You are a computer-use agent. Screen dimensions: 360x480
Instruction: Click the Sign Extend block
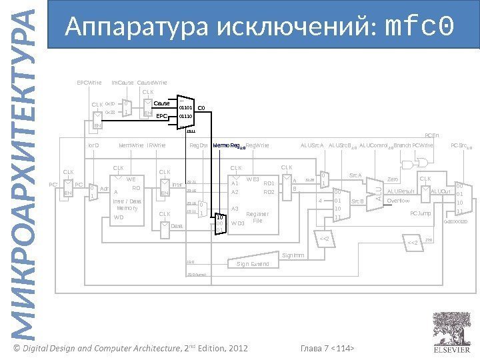click(x=253, y=264)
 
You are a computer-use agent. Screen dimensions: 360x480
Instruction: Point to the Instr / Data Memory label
click(x=126, y=204)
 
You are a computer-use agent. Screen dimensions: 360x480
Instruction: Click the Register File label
click(x=257, y=217)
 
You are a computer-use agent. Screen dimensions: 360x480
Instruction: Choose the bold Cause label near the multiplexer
click(x=162, y=103)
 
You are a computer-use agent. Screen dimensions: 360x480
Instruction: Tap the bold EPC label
click(x=161, y=115)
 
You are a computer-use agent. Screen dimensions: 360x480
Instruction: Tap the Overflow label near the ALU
click(x=398, y=199)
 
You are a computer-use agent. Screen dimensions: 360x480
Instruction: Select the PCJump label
click(x=420, y=213)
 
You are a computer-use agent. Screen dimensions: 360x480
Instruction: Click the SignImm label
click(x=293, y=255)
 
